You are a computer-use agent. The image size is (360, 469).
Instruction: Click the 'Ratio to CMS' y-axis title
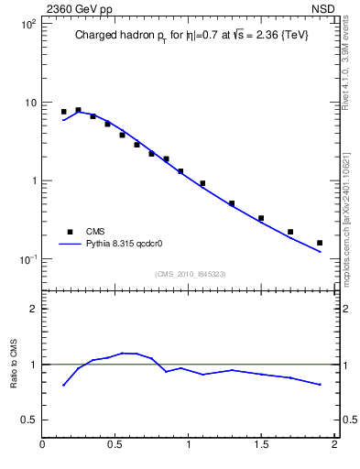tap(15, 364)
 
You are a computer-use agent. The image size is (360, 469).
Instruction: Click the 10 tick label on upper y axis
tap(29, 103)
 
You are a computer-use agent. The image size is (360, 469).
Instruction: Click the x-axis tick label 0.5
tap(115, 445)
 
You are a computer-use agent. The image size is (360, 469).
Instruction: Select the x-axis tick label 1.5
tap(261, 445)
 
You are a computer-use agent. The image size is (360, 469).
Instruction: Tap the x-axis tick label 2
tap(334, 445)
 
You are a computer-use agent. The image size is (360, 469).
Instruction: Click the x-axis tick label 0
tap(43, 445)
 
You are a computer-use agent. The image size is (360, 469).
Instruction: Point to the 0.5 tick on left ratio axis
tap(29, 420)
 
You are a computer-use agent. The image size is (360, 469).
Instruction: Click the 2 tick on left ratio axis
tap(33, 309)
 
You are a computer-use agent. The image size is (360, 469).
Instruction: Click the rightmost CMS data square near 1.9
tap(320, 243)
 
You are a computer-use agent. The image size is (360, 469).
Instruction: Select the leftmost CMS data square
tap(63, 112)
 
